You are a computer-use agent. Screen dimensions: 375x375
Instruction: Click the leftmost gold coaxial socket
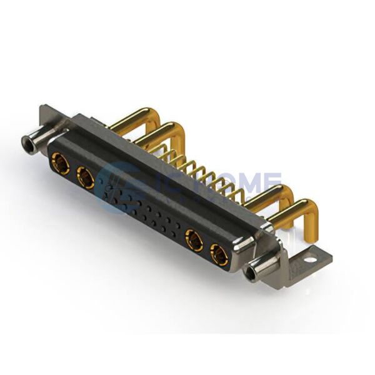(x=60, y=164)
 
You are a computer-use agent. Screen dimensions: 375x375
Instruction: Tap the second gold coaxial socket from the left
(x=86, y=178)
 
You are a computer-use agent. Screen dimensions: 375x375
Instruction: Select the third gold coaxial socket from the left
(x=194, y=240)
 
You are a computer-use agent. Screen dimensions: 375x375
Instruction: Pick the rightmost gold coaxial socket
(x=219, y=254)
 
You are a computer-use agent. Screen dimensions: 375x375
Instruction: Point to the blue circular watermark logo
(x=119, y=187)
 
